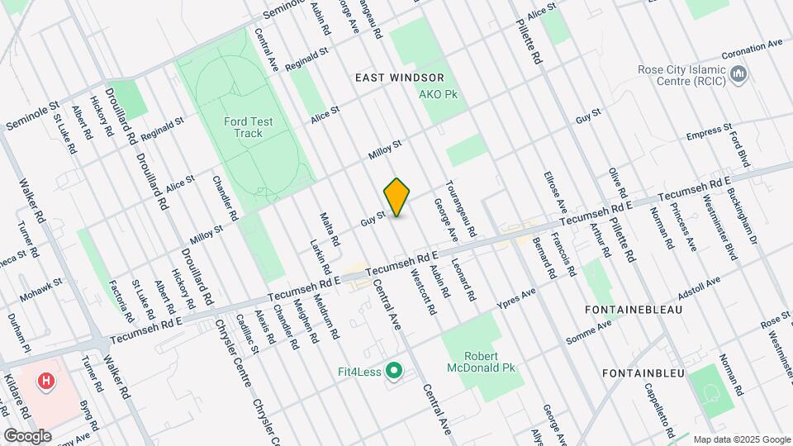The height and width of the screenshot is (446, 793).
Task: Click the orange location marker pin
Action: (x=397, y=197)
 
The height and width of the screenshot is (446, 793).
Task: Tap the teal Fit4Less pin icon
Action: (x=394, y=372)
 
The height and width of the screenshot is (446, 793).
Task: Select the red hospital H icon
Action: (x=47, y=381)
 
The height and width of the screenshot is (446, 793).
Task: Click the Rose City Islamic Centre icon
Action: (x=740, y=76)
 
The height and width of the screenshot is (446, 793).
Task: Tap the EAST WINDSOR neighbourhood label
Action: (x=399, y=77)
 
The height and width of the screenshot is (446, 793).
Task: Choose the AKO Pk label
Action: (x=439, y=95)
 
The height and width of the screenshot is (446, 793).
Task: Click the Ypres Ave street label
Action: (x=516, y=299)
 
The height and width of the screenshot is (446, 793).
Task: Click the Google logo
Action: (x=27, y=435)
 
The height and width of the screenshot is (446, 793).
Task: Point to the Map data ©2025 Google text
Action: (x=741, y=439)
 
